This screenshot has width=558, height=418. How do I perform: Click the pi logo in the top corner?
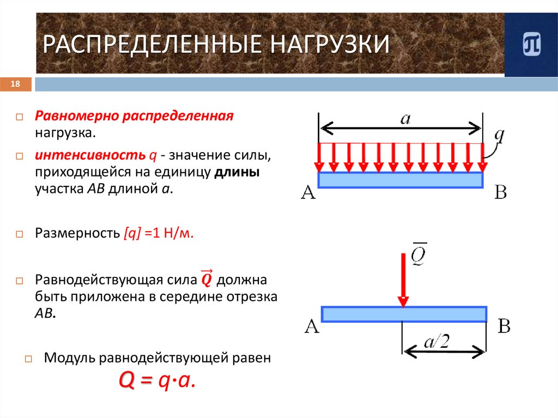(531, 45)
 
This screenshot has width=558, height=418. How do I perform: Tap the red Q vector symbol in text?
(207, 279)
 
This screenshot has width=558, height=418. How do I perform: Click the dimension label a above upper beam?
(405, 119)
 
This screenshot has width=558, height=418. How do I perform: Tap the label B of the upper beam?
(500, 192)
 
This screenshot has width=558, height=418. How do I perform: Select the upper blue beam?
(401, 180)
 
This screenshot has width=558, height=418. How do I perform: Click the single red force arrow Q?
(403, 278)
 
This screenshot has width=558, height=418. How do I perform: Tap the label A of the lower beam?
(311, 326)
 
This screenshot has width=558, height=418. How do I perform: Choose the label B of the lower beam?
(504, 326)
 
